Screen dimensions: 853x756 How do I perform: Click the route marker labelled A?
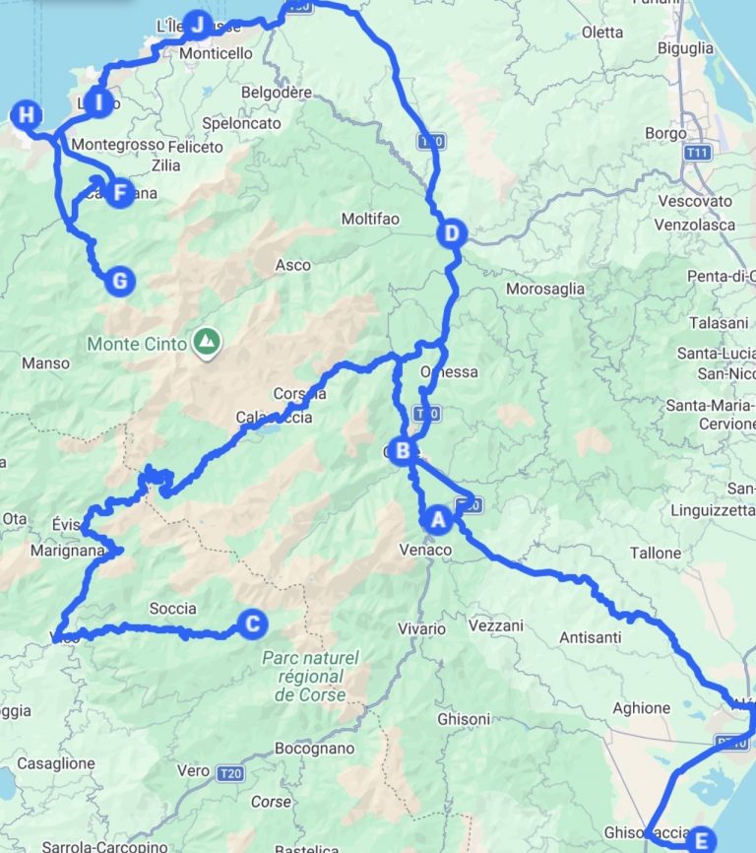click(438, 516)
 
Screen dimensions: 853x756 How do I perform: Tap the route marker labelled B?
click(402, 451)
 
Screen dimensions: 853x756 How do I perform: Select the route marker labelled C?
click(252, 623)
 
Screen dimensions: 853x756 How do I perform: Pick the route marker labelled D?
click(450, 233)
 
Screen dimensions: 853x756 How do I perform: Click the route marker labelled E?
click(700, 840)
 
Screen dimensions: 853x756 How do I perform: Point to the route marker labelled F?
click(120, 192)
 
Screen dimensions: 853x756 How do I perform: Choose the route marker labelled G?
click(119, 282)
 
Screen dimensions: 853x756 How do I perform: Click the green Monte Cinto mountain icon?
click(207, 342)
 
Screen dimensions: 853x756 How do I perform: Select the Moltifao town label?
click(370, 219)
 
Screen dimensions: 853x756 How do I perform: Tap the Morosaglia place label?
click(544, 290)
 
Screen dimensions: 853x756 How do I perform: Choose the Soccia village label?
click(172, 609)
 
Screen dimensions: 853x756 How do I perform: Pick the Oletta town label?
click(602, 33)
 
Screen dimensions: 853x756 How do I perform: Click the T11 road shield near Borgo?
click(699, 153)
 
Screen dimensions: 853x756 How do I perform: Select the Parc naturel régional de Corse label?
click(311, 677)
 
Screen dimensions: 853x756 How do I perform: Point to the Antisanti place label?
click(590, 637)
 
